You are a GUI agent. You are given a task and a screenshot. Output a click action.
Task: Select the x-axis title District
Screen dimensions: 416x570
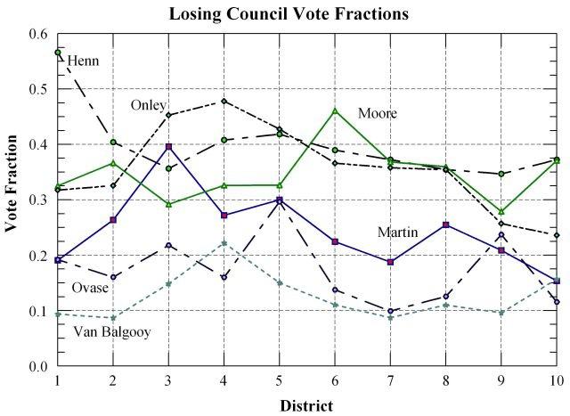coord(307,405)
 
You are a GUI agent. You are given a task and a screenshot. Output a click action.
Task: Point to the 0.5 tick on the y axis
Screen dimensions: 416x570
coord(37,89)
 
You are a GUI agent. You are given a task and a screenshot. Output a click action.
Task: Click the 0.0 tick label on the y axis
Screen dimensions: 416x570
coord(37,366)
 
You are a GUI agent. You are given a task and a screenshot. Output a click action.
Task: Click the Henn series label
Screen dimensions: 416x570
coord(83,61)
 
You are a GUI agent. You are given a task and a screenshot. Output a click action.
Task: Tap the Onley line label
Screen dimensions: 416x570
coord(149,105)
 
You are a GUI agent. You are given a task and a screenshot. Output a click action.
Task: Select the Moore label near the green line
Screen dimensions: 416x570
coord(378,113)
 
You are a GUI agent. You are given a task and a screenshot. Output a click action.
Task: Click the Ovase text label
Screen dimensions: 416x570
coord(90,288)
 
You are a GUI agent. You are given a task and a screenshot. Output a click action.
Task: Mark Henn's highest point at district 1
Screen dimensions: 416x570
coord(58,53)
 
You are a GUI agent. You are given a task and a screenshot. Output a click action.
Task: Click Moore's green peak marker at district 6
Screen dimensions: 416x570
coord(335,110)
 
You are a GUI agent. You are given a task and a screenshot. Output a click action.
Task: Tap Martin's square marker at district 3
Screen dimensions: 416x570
coord(168,146)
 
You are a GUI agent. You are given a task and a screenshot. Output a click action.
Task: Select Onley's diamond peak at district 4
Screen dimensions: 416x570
coord(224,102)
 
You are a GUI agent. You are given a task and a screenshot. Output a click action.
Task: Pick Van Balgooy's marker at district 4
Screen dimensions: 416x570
coord(224,243)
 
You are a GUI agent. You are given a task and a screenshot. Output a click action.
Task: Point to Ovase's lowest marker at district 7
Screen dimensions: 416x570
coord(391,311)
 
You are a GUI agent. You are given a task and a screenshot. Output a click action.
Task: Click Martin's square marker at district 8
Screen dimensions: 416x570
coord(446,224)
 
